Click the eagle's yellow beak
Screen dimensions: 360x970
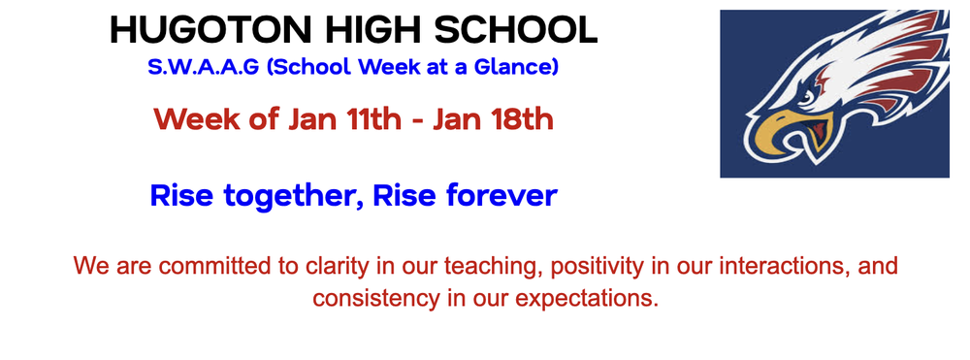(x=776, y=136)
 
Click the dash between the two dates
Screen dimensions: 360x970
(x=416, y=122)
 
